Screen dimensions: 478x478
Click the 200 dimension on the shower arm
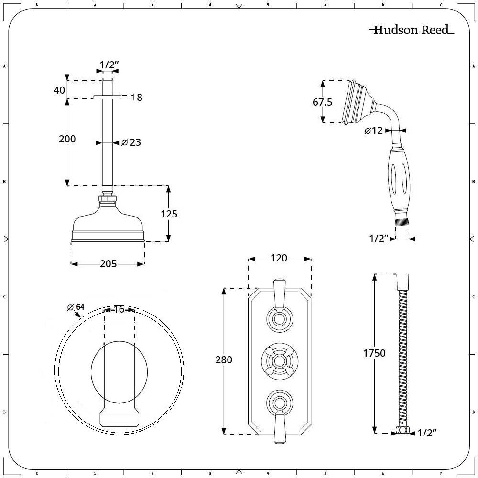point(67,139)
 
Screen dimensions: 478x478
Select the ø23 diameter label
point(131,142)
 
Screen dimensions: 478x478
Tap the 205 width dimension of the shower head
point(108,263)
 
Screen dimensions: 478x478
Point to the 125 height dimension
point(168,214)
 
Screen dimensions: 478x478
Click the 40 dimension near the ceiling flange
point(59,90)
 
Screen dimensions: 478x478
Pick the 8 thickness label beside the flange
point(139,98)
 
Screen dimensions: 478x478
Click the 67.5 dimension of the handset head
point(322,102)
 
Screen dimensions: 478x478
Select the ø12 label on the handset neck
point(374,130)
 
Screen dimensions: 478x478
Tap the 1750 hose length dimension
point(373,353)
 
